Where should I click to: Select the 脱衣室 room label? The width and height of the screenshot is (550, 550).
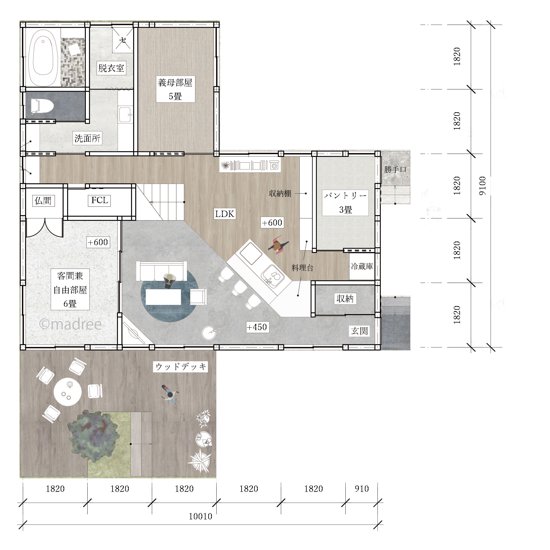[111, 68]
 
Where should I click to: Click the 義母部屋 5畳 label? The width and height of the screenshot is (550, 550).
[175, 89]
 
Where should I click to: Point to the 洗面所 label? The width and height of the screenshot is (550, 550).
[87, 138]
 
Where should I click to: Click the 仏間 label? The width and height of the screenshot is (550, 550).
[44, 200]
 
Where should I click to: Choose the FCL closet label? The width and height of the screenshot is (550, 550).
[99, 200]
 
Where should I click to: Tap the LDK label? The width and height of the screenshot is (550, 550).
[225, 214]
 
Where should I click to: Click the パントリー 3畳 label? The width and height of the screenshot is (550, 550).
[345, 203]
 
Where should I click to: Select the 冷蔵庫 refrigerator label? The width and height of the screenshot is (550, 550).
[362, 266]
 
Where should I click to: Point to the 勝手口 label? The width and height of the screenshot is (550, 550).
[395, 170]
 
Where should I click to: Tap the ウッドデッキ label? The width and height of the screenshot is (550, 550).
[181, 366]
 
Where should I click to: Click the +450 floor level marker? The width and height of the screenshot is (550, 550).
[257, 327]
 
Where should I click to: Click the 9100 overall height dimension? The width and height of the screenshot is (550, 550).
[482, 186]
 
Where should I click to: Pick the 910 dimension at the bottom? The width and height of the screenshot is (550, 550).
[362, 489]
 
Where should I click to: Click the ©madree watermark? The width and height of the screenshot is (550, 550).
[71, 324]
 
